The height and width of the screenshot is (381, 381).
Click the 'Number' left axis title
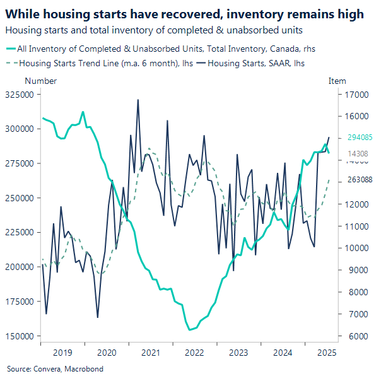tap(40, 81)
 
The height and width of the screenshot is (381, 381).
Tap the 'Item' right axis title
tap(337, 81)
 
